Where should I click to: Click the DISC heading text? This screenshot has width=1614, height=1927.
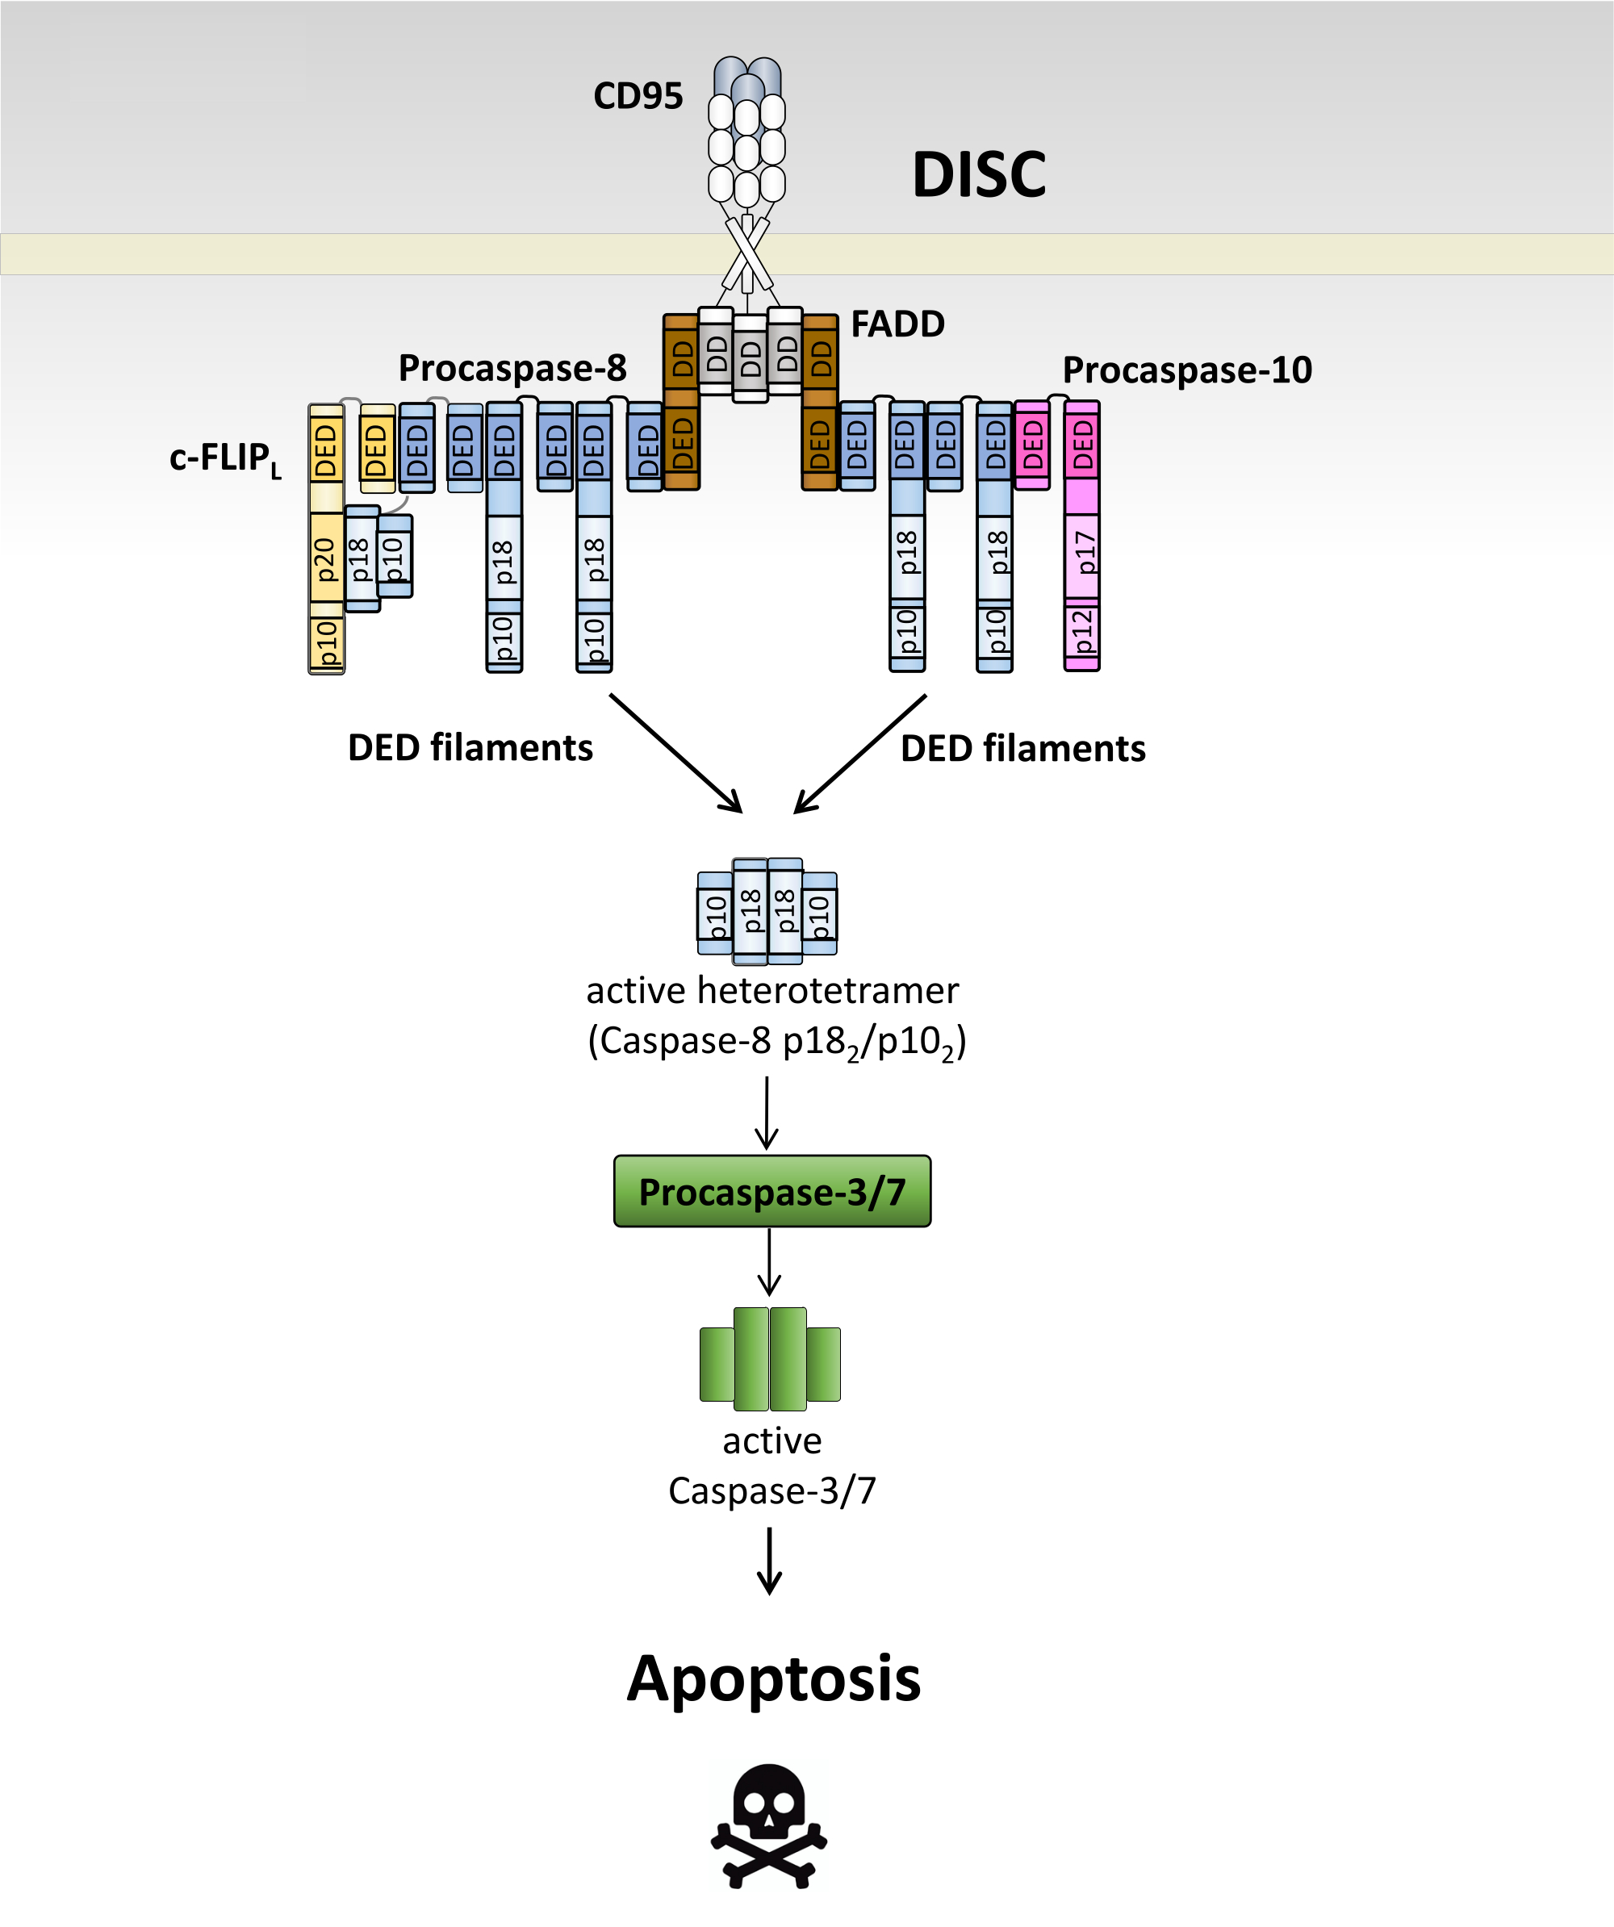(x=978, y=174)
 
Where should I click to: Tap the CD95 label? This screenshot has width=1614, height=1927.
(x=638, y=96)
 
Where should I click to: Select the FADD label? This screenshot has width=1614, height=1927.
(x=897, y=324)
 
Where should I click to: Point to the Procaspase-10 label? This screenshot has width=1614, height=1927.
(x=1186, y=370)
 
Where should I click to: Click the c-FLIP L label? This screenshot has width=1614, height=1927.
(x=224, y=458)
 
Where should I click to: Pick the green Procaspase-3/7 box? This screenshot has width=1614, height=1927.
(x=771, y=1191)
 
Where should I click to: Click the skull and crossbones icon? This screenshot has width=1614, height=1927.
(x=769, y=1825)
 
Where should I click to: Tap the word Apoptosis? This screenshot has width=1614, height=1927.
(x=772, y=1678)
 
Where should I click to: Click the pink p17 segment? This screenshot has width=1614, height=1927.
(x=1082, y=554)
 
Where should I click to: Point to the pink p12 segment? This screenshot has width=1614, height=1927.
(x=1082, y=631)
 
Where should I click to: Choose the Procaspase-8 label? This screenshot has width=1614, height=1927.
(x=512, y=368)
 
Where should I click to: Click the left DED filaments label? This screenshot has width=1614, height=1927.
(x=470, y=748)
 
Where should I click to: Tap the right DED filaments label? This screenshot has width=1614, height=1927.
(x=1022, y=749)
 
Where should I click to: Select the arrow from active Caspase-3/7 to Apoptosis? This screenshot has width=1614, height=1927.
(x=769, y=1560)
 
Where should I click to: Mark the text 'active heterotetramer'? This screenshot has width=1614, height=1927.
(x=771, y=991)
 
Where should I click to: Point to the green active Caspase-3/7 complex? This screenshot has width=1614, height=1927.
(x=770, y=1359)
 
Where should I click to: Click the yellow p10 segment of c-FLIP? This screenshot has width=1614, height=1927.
(x=327, y=642)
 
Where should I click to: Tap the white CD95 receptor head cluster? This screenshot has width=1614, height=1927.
(x=747, y=149)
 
